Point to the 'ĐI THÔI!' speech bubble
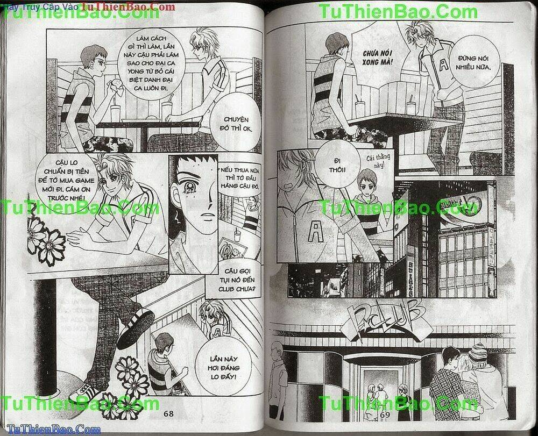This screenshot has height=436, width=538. [338, 164]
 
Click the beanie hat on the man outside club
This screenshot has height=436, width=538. [477, 352]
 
